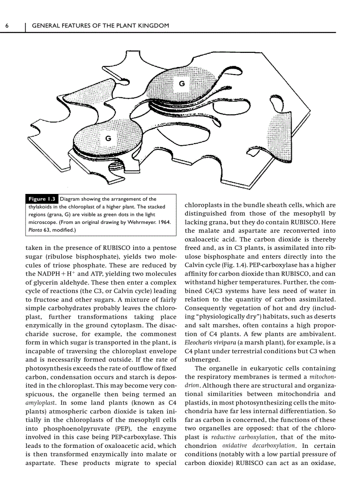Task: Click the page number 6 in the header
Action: pos(7,26)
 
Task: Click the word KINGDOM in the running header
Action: pos(154,26)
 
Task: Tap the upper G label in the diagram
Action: pos(181,83)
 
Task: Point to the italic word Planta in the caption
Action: pos(35,230)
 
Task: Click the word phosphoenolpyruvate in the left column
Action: pos(73,428)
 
